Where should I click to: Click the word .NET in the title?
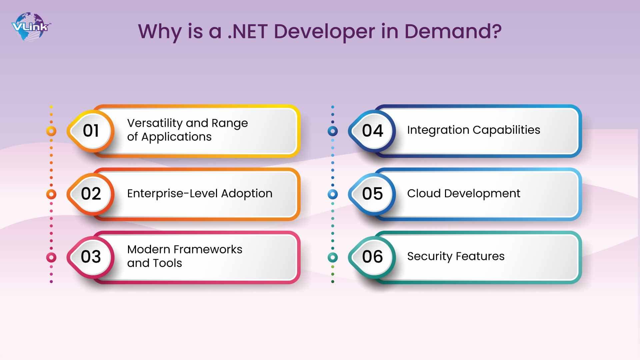pyautogui.click(x=247, y=31)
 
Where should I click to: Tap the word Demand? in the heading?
pyautogui.click(x=453, y=31)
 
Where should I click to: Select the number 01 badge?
pyautogui.click(x=91, y=131)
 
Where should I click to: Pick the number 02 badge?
pyautogui.click(x=91, y=194)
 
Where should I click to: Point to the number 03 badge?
pyautogui.click(x=91, y=257)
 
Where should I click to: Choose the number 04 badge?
pyautogui.click(x=372, y=131)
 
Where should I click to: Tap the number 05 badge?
pyautogui.click(x=372, y=194)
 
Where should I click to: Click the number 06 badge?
pyautogui.click(x=372, y=257)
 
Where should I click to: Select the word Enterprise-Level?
pyautogui.click(x=172, y=193)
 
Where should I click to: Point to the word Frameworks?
pyautogui.click(x=208, y=249)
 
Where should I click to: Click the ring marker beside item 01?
pyautogui.click(x=51, y=131)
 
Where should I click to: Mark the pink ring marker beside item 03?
pyautogui.click(x=51, y=257)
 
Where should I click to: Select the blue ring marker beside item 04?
pyautogui.click(x=333, y=131)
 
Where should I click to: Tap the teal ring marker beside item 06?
pyautogui.click(x=333, y=257)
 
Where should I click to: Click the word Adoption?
pyautogui.click(x=247, y=194)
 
